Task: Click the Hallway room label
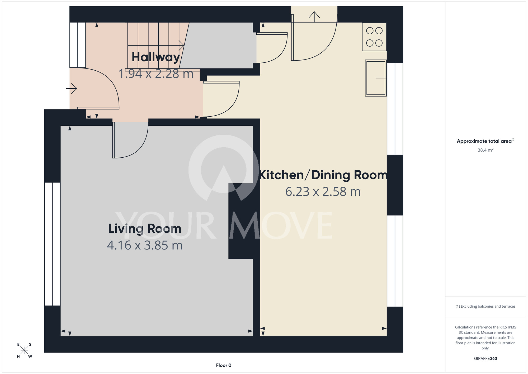156,57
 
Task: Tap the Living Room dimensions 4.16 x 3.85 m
145,245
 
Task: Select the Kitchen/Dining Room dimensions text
323,191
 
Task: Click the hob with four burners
374,37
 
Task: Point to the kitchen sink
376,78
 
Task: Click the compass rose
24,350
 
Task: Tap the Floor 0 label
224,365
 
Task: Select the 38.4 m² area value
485,150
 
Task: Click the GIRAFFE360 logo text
485,358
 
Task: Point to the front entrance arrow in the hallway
72,88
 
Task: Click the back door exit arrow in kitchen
314,17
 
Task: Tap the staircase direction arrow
156,45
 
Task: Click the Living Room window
52,244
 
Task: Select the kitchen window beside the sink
395,109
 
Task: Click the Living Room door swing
130,140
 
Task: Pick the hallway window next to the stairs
78,45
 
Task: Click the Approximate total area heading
485,141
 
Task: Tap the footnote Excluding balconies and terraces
485,306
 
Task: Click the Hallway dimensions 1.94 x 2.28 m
156,74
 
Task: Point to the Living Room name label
145,229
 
